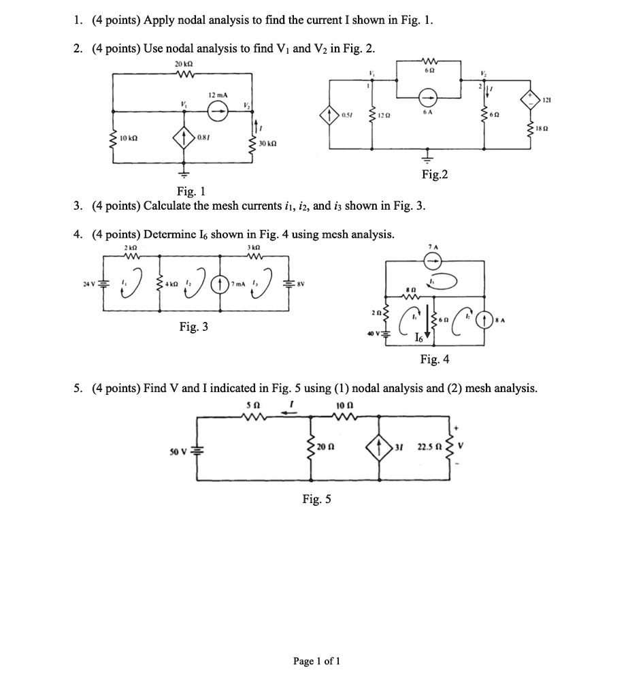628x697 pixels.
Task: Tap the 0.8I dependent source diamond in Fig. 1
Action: (182, 138)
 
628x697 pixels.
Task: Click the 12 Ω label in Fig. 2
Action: (385, 114)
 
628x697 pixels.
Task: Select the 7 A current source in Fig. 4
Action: (433, 260)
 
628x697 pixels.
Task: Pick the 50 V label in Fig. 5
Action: (178, 452)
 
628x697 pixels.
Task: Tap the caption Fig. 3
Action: (194, 327)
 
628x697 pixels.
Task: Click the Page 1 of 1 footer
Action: (316, 660)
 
